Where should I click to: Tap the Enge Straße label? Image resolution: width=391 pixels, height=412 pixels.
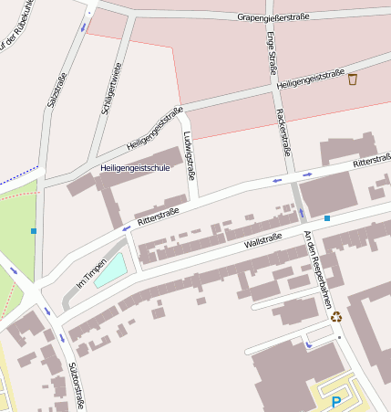[273, 54]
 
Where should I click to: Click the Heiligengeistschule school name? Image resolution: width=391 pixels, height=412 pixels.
[135, 168]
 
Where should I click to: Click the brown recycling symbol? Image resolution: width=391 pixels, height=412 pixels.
[336, 317]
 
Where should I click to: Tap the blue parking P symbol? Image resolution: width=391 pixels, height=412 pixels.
[336, 402]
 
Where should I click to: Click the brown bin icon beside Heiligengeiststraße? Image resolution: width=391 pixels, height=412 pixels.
[353, 79]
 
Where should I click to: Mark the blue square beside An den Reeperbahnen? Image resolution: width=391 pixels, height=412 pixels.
[327, 218]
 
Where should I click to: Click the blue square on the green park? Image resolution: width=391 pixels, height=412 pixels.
[34, 231]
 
